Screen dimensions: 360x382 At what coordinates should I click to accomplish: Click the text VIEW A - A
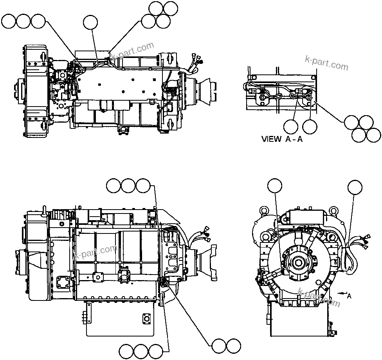pyautogui.click(x=282, y=139)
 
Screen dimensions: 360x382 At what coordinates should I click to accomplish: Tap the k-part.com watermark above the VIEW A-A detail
pyautogui.click(x=326, y=63)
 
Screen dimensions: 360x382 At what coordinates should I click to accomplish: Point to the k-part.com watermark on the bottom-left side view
pyautogui.click(x=95, y=252)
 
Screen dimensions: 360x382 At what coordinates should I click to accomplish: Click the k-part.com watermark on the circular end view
pyautogui.click(x=319, y=297)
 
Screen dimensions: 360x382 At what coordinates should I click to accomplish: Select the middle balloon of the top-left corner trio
pyautogui.click(x=23, y=22)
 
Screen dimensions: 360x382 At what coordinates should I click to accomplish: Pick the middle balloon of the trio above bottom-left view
pyautogui.click(x=129, y=186)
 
